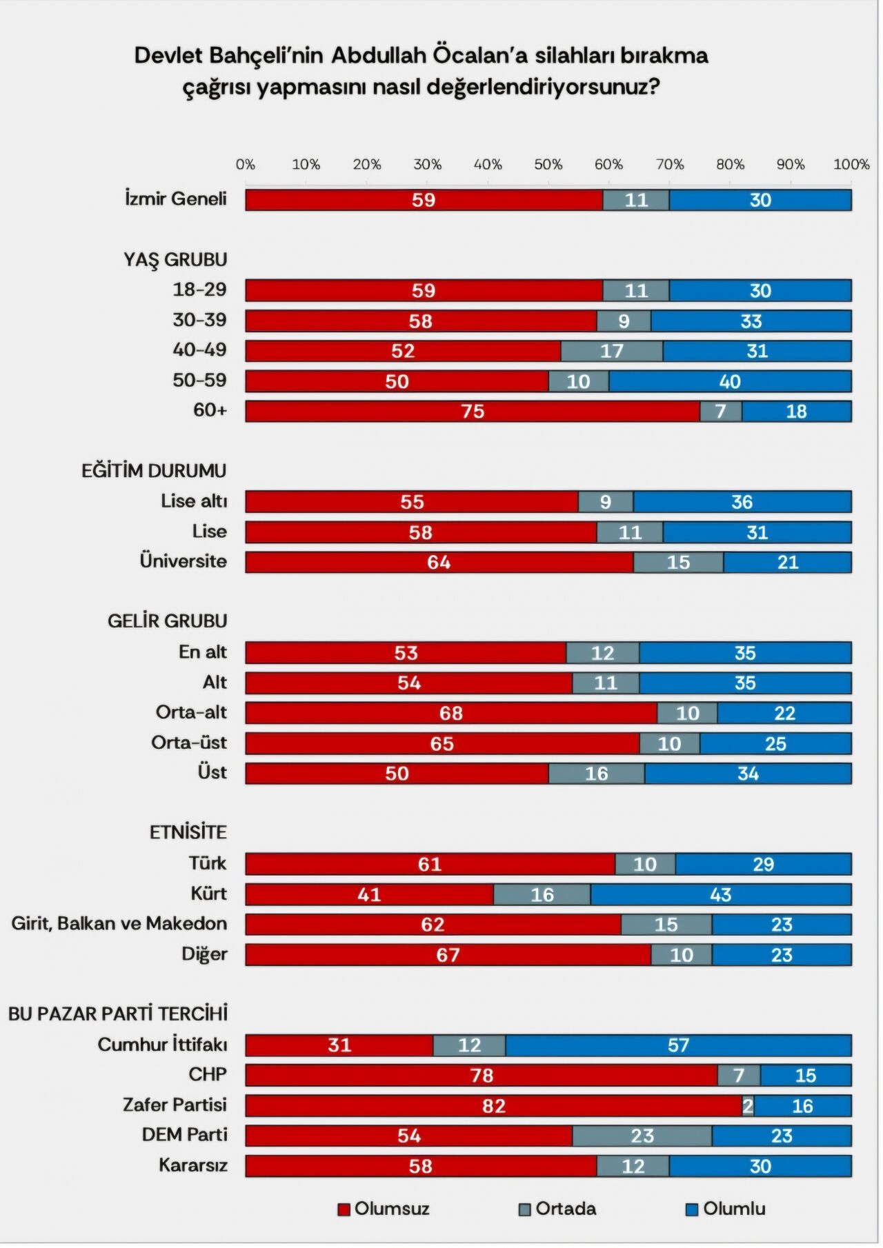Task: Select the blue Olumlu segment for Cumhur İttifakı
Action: [678, 1045]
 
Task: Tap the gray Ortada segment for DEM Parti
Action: [642, 1136]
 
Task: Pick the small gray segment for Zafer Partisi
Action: [748, 1106]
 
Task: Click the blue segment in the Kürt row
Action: [721, 894]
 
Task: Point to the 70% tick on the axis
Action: [670, 165]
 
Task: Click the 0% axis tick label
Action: [246, 165]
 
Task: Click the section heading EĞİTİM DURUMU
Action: [154, 471]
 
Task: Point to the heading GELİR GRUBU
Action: [167, 621]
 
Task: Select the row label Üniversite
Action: [183, 561]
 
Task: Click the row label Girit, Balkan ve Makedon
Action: [119, 924]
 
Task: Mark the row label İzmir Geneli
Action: [175, 199]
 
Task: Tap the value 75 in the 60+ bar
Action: [473, 412]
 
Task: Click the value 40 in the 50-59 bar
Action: [730, 381]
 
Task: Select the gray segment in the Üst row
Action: [597, 774]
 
